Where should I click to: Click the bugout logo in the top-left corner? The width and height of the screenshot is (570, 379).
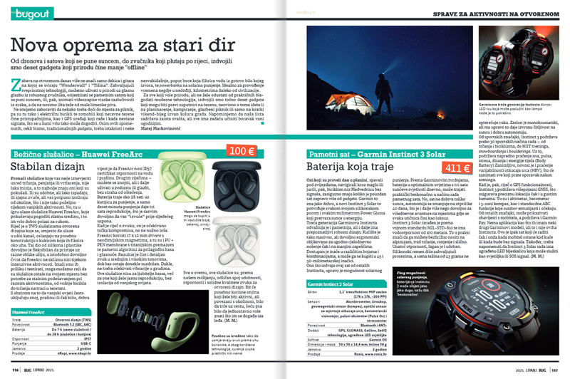[x=33, y=14]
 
